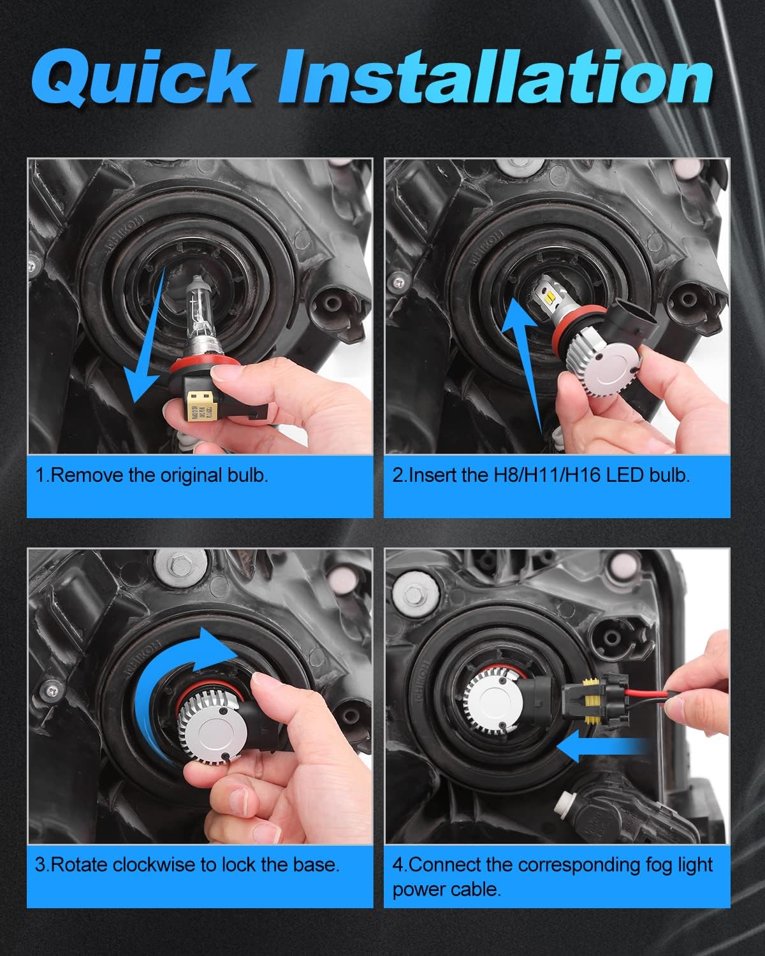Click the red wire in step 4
click(x=637, y=693)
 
